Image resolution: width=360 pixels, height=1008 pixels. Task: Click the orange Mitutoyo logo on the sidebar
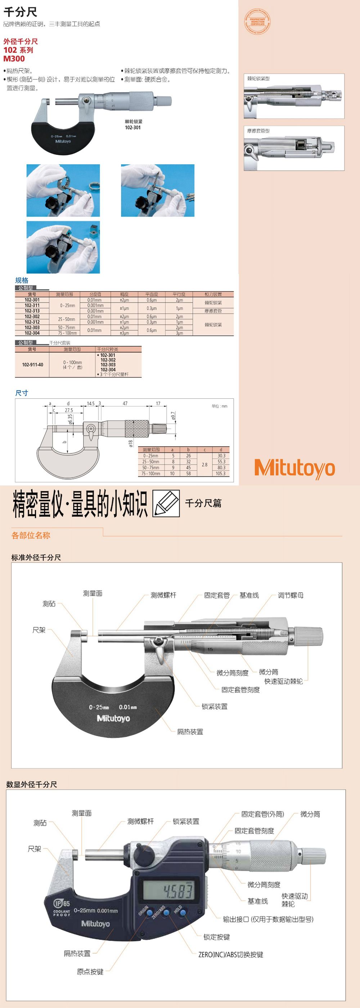(x=294, y=468)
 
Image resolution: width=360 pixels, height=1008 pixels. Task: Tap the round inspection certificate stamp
(x=257, y=21)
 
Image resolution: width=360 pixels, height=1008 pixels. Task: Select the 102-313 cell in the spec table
(x=32, y=311)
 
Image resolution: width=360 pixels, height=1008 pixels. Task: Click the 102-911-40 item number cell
(x=32, y=365)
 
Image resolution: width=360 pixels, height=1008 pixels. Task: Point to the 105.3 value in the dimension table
(x=220, y=474)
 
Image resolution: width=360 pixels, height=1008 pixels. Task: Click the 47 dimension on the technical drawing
(x=125, y=403)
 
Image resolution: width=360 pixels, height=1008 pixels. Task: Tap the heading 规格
(x=22, y=280)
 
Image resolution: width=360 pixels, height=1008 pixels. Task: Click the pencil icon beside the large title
(x=166, y=503)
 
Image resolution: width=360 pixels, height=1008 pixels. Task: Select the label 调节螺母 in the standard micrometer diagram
(x=291, y=595)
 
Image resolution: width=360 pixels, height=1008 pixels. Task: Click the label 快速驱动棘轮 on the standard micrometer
(x=283, y=681)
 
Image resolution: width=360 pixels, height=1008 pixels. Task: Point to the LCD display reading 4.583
(x=168, y=891)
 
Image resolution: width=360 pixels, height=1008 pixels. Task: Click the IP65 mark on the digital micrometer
(x=62, y=903)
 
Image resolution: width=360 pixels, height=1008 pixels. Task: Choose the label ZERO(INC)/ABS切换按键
(x=230, y=954)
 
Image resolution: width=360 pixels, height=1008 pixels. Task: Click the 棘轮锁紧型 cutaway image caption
(x=258, y=79)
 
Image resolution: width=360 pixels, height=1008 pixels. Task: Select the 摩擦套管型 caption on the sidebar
(x=258, y=131)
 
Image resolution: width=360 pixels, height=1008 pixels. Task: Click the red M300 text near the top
(x=14, y=59)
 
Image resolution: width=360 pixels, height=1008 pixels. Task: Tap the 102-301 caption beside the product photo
(x=132, y=127)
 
